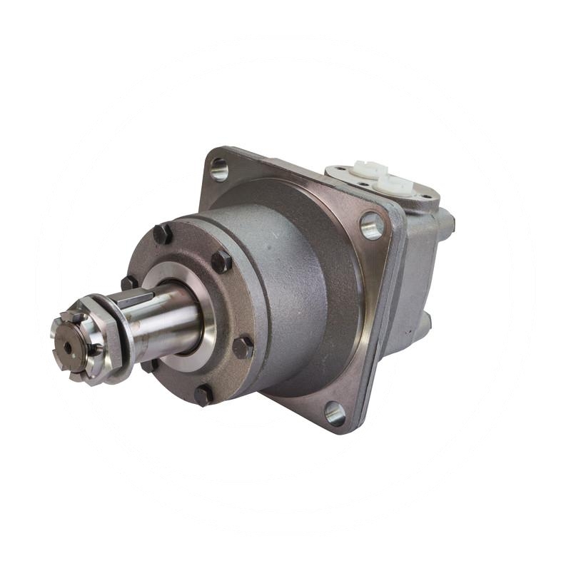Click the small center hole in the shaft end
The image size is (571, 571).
coord(67,348)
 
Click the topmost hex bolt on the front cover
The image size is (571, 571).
coord(162,233)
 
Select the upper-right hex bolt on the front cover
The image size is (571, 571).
coord(222,261)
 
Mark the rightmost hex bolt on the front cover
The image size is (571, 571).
coord(243,347)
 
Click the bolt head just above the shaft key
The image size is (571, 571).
coord(129,283)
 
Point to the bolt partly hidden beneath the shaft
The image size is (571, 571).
coord(150,365)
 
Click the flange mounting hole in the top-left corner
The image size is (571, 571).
coord(220,169)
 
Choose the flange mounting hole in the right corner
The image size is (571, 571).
coord(372,226)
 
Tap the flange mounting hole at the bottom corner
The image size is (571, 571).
coord(334,413)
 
